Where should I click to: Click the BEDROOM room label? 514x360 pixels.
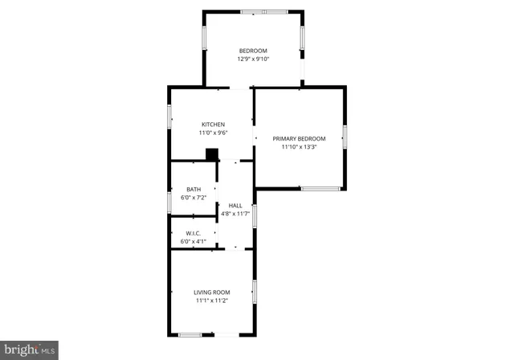tap(252, 51)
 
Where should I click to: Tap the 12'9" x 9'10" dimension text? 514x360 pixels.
tap(252, 59)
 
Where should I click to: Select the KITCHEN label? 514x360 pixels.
tap(213, 125)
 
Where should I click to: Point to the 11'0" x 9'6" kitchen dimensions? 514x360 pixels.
tap(213, 133)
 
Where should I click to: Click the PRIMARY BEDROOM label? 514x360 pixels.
tap(299, 139)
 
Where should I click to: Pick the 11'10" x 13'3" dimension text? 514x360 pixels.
tap(299, 147)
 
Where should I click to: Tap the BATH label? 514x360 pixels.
tap(194, 190)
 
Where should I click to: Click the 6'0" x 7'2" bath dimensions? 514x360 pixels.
tap(194, 198)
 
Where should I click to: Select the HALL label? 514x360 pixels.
tap(235, 206)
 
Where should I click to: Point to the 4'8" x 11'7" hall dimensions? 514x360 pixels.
tap(235, 214)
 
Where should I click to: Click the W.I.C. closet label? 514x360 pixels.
tap(194, 233)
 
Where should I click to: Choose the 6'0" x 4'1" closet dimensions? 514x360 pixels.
tap(194, 241)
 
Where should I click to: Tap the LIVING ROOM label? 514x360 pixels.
tap(212, 292)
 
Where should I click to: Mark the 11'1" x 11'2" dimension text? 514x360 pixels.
tap(212, 301)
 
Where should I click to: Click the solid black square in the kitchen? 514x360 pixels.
tap(212, 155)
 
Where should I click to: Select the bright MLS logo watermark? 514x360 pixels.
tap(30, 349)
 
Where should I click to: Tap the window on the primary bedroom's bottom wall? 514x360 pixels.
tap(320, 189)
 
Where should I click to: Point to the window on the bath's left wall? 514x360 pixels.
tap(169, 202)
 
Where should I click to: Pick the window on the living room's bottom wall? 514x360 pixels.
tap(190, 334)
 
